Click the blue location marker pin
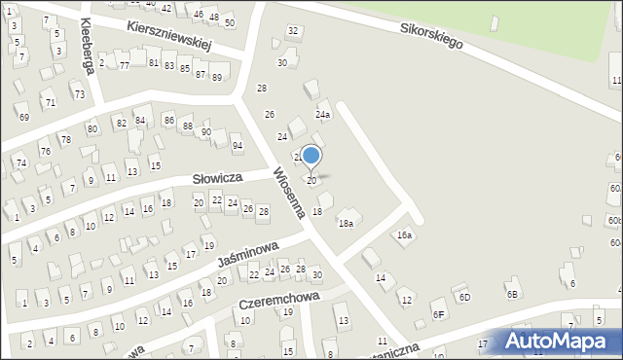tap(311, 156)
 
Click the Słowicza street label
tap(217, 179)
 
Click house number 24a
tap(322, 115)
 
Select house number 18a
tap(345, 224)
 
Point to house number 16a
tap(404, 235)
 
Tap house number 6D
tap(464, 297)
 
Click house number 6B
tap(512, 294)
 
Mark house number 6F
tap(439, 313)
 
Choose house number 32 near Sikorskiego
tap(292, 31)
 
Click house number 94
tap(237, 146)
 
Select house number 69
tap(24, 118)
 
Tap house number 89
tap(216, 77)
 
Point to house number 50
tap(229, 21)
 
